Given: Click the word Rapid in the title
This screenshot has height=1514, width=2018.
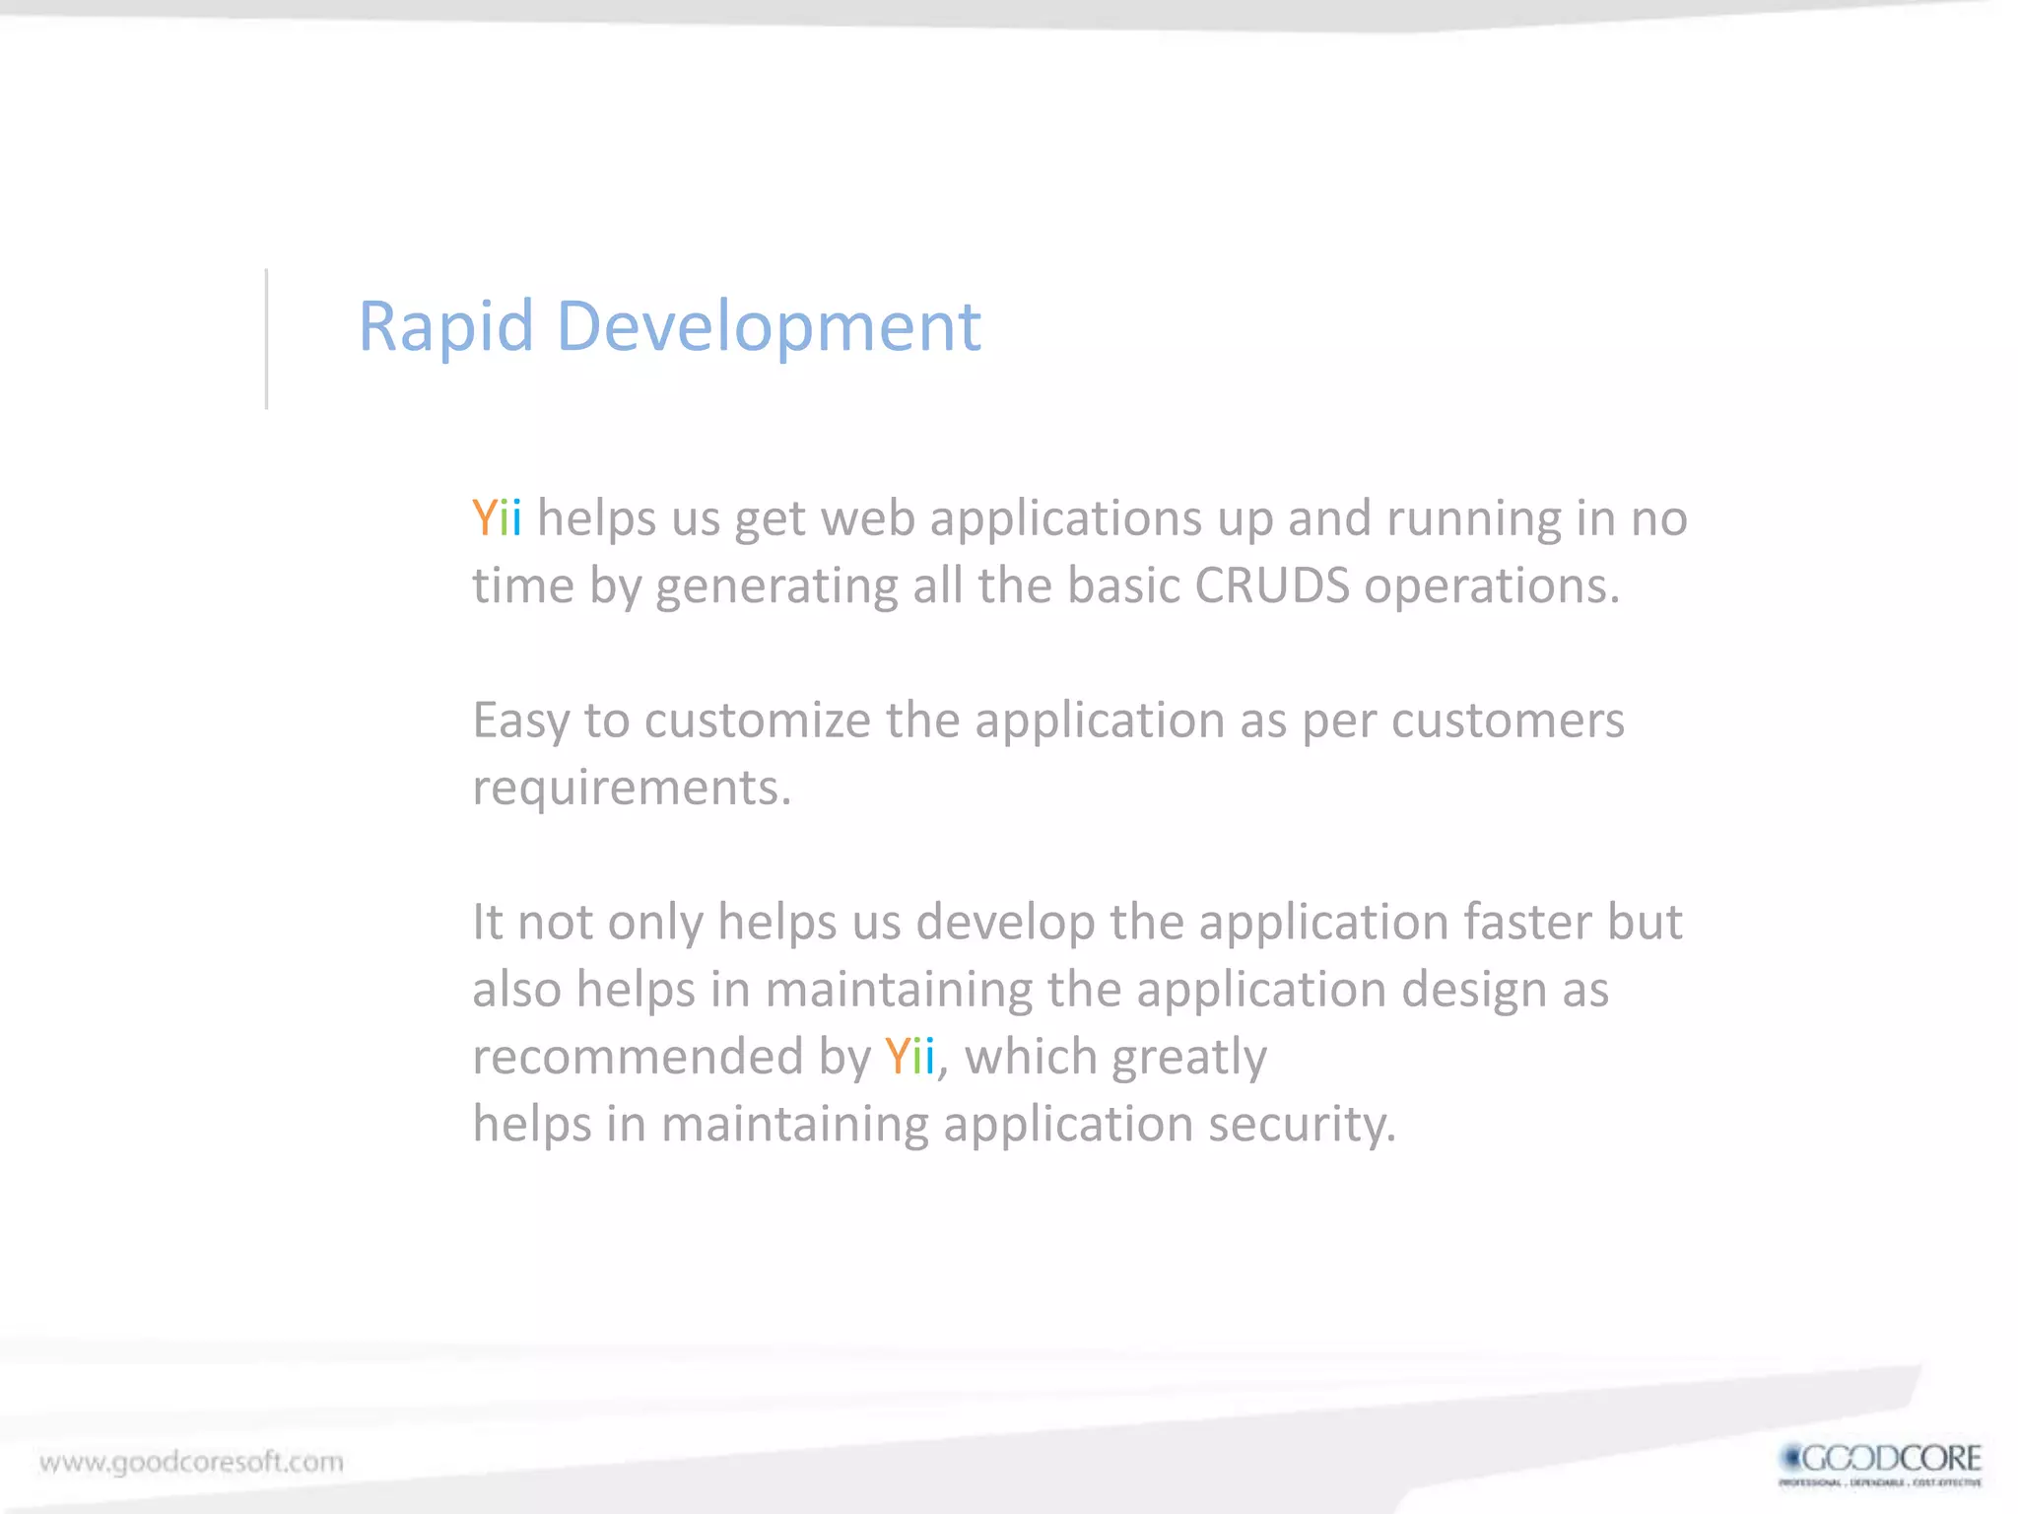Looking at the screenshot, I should (445, 326).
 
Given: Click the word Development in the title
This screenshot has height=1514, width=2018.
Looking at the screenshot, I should (769, 326).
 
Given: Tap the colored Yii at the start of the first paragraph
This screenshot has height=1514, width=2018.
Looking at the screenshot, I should (497, 518).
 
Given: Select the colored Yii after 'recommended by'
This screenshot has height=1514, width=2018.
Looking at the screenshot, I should (908, 1057).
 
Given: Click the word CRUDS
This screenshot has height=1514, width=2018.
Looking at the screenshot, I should (1271, 585).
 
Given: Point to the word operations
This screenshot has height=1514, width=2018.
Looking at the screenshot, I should (1491, 587).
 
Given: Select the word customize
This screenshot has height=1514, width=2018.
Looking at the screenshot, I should (757, 721).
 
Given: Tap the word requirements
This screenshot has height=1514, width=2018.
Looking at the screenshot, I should (631, 789).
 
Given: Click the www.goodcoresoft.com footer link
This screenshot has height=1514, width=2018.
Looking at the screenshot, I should (192, 1462).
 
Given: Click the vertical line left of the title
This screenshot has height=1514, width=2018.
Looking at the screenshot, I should (266, 338).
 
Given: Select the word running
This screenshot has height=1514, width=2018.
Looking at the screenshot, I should (1472, 519).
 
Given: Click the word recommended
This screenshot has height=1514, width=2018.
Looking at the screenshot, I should (638, 1057).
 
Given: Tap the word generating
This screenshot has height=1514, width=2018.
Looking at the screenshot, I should (776, 587).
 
